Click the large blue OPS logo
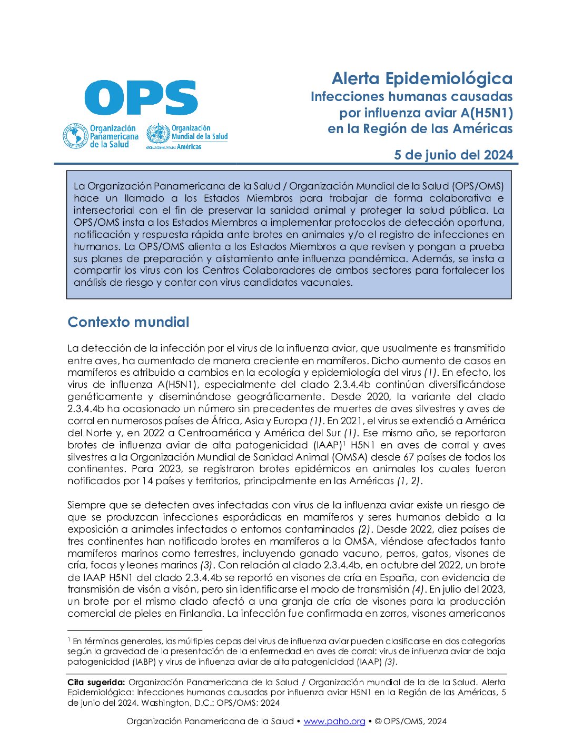click(141, 97)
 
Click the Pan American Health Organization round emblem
click(75, 136)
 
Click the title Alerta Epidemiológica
click(422, 78)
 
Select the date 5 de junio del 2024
click(453, 155)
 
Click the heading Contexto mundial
click(128, 322)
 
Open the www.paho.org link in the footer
click(334, 721)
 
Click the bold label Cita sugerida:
click(96, 682)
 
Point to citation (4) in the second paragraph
click(418, 589)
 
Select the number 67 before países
click(409, 457)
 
